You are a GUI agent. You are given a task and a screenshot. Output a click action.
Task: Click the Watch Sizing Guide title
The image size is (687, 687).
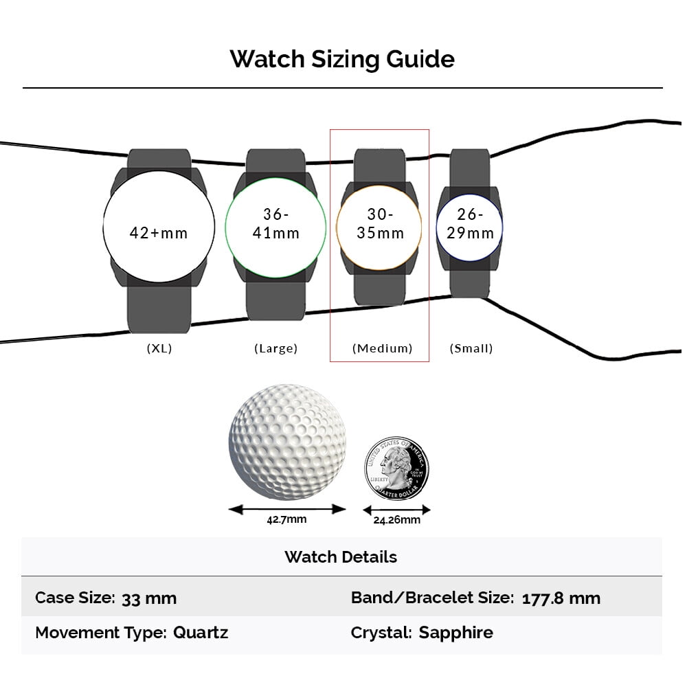[x=342, y=59]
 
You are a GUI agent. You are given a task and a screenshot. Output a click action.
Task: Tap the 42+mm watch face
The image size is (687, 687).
[x=159, y=227]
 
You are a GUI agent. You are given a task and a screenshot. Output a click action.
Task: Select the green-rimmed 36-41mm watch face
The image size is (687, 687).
[x=275, y=227]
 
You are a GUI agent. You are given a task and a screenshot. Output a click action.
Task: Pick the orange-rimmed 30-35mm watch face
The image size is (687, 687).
[x=379, y=227]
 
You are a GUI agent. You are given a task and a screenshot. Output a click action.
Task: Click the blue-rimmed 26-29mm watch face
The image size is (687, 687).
[x=470, y=227]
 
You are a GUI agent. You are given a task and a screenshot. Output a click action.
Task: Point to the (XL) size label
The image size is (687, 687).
[x=159, y=348]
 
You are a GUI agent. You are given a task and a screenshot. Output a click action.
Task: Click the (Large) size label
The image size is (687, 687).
[x=276, y=348]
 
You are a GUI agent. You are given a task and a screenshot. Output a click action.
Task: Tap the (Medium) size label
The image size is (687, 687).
[x=383, y=348]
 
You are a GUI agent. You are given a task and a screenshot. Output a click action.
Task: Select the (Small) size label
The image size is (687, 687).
[x=471, y=348]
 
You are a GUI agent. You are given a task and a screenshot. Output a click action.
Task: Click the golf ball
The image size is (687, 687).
[x=287, y=442]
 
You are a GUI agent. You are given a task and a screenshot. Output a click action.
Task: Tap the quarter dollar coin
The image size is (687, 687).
[x=397, y=468]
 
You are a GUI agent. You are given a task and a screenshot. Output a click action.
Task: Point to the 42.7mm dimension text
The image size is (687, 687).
[x=286, y=519]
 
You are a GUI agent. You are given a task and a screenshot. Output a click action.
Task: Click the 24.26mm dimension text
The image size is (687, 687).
[x=397, y=520]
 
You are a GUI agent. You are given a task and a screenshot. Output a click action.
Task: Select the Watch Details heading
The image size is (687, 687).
[x=341, y=557]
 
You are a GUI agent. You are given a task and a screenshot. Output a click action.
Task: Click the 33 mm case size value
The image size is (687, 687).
[x=149, y=598]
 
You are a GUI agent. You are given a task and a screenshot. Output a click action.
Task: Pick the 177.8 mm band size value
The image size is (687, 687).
[x=561, y=598]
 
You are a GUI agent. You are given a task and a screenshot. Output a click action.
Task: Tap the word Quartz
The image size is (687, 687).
[x=201, y=633]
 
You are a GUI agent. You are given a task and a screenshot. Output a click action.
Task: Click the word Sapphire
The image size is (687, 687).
[x=456, y=633]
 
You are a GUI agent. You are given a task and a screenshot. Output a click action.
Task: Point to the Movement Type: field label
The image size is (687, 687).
[x=101, y=633]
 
